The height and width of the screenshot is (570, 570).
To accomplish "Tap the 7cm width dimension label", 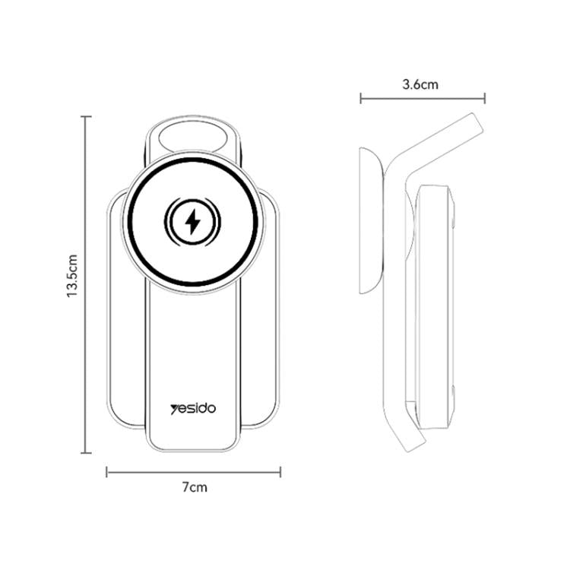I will click(x=195, y=488).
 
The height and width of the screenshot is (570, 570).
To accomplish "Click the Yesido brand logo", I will click(x=193, y=408).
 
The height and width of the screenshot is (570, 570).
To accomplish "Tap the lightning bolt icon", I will click(x=193, y=222).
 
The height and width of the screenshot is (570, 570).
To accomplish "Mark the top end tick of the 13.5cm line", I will click(x=87, y=116).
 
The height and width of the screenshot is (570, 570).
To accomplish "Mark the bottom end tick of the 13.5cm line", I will click(x=87, y=453).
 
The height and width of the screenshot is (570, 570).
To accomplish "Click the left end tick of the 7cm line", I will click(x=107, y=472).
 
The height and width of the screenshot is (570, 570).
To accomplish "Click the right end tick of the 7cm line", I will click(x=280, y=472).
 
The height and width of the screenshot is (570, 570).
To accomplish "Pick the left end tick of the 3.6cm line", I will click(x=361, y=97).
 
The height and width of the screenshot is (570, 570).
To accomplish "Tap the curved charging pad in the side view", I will click(x=369, y=220).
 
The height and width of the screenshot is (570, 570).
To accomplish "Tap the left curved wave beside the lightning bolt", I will click(x=171, y=222).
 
